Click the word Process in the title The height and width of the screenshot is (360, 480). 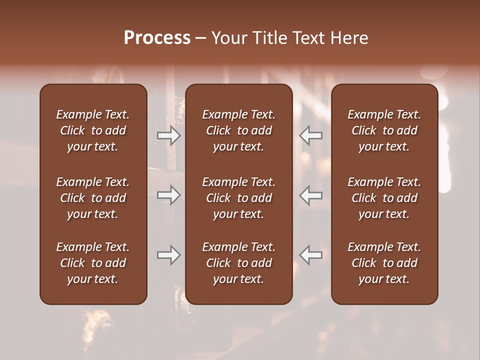coord(157,37)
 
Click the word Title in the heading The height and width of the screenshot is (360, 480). coord(268,38)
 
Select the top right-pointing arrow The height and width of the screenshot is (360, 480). coord(168,135)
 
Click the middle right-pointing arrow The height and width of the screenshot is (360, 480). coord(168,195)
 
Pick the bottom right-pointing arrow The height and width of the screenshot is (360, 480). coord(168,255)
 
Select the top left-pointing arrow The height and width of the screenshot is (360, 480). coord(311,135)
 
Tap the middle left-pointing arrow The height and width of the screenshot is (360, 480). coord(311,195)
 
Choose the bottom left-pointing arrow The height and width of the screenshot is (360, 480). coord(311,255)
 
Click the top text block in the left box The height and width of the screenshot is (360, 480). coord(93,130)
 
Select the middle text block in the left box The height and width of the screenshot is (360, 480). coord(93,198)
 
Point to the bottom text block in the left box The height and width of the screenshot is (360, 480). coord(93,263)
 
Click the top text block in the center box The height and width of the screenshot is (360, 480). coord(239,130)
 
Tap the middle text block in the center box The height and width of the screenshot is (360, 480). coord(239,198)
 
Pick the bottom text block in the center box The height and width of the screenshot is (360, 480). coord(239,263)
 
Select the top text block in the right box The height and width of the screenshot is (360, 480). coord(384,130)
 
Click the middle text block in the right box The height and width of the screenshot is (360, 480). coord(384,198)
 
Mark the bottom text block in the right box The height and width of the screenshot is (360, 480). coord(384,263)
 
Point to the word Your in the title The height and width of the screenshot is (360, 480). coord(228,38)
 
